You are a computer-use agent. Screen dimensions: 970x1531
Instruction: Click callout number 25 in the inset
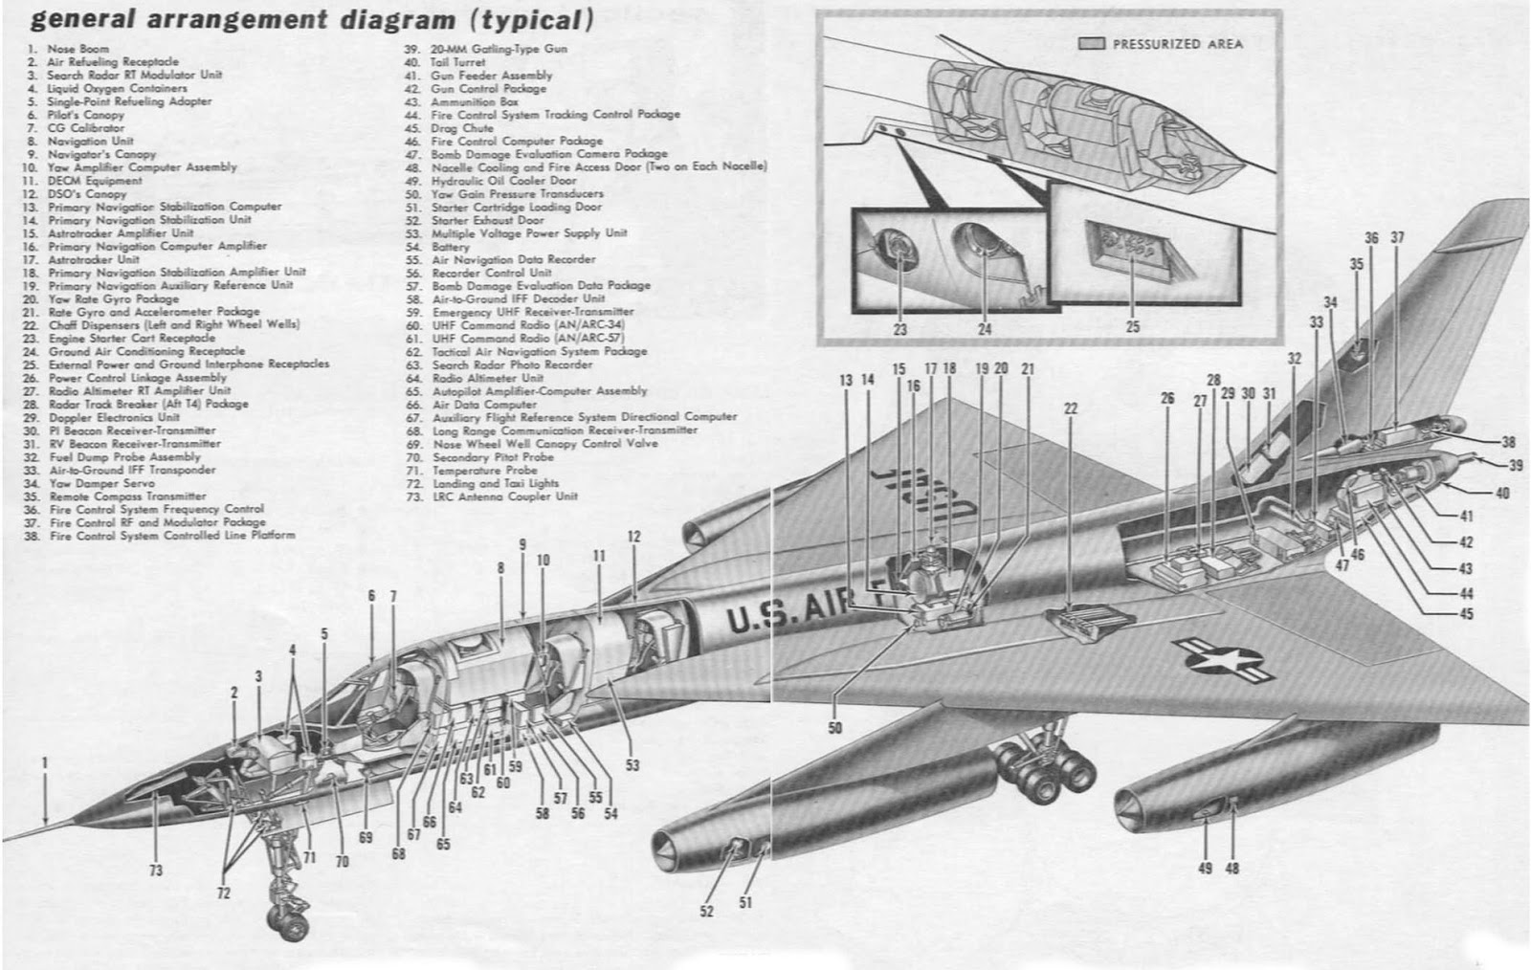click(1133, 326)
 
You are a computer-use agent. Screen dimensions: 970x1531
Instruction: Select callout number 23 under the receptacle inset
click(899, 329)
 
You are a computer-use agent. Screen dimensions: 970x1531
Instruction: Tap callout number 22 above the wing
click(1071, 408)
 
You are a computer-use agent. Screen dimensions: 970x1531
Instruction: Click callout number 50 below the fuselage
click(835, 729)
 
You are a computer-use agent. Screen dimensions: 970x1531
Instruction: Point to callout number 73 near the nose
click(155, 871)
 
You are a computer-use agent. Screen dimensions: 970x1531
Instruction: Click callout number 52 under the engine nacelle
click(706, 912)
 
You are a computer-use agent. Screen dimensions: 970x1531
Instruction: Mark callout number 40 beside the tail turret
click(1501, 493)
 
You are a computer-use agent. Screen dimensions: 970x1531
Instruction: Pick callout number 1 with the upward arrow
click(44, 762)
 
